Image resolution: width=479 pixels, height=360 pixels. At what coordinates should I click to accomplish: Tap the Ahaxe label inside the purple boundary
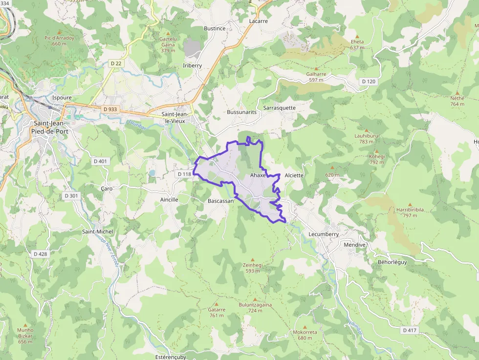point(258,175)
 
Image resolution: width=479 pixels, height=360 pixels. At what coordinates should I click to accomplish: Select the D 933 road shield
point(110,109)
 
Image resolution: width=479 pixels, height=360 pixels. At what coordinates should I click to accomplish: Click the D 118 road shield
point(184,174)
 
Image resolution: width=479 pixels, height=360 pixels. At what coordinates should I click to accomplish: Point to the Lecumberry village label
point(324,234)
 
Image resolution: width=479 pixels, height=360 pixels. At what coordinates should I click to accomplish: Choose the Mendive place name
point(355,244)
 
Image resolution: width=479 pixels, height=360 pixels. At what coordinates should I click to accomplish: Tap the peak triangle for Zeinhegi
point(253,259)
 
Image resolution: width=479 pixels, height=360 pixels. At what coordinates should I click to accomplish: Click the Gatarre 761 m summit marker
point(217,304)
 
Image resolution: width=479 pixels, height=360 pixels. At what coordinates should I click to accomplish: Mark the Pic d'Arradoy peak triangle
point(59,32)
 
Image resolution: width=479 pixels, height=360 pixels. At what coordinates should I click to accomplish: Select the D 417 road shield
point(410,330)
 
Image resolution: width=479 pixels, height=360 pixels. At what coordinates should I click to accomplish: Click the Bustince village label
point(215,28)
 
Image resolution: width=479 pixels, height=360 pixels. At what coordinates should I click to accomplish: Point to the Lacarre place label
point(258,21)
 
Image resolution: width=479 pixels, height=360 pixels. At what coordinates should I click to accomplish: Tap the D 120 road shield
point(368,81)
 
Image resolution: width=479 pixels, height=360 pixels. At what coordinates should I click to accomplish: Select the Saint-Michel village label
point(98,232)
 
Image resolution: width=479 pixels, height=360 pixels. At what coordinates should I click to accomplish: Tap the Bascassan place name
point(220,201)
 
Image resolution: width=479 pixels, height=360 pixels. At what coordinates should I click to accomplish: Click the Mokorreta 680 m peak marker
point(305,327)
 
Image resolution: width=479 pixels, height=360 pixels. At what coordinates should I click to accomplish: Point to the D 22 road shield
point(116,63)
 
